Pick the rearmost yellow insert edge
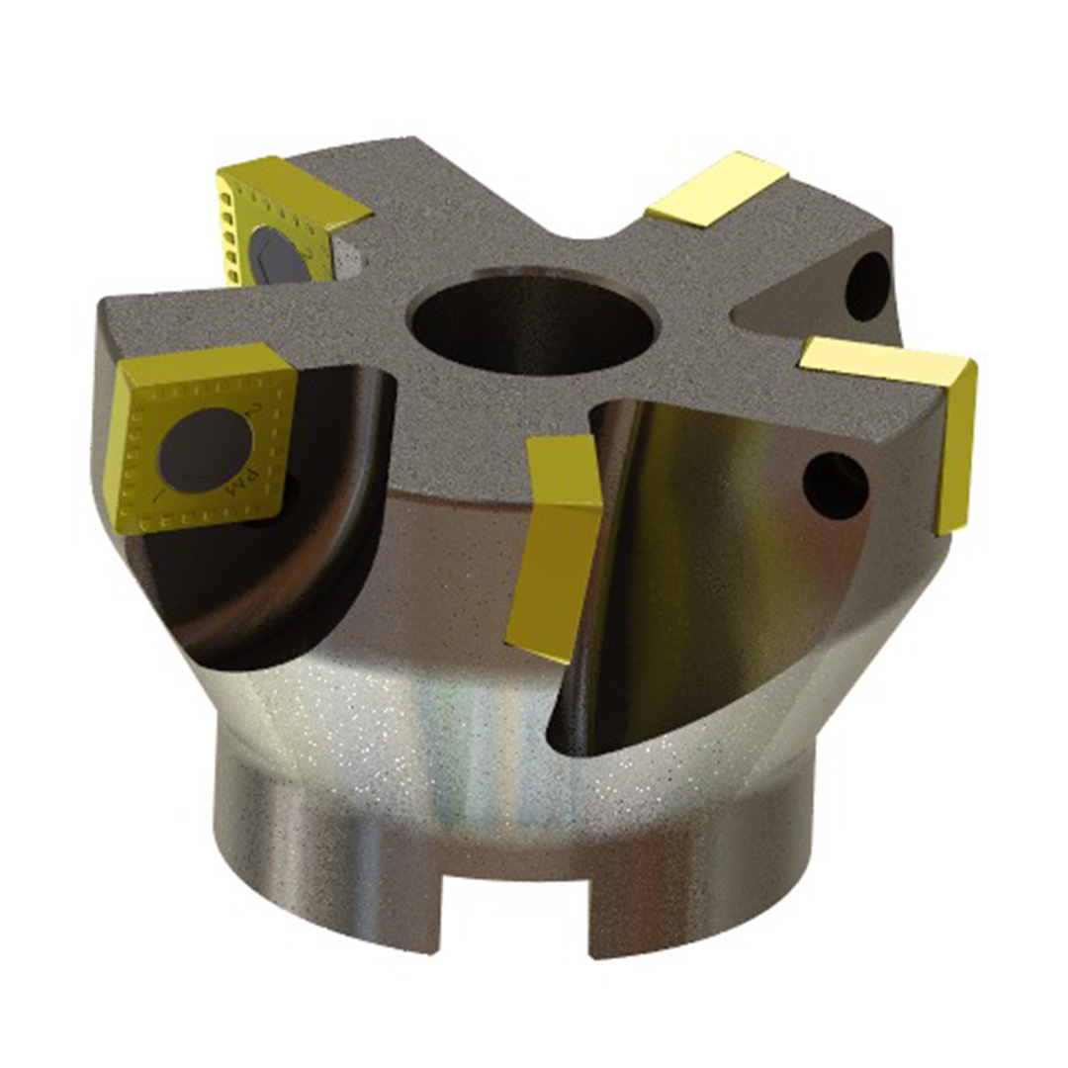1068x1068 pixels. click(716, 189)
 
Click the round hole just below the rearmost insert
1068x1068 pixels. click(869, 287)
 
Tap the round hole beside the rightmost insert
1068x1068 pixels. click(836, 484)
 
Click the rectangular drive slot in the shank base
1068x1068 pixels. click(514, 910)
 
